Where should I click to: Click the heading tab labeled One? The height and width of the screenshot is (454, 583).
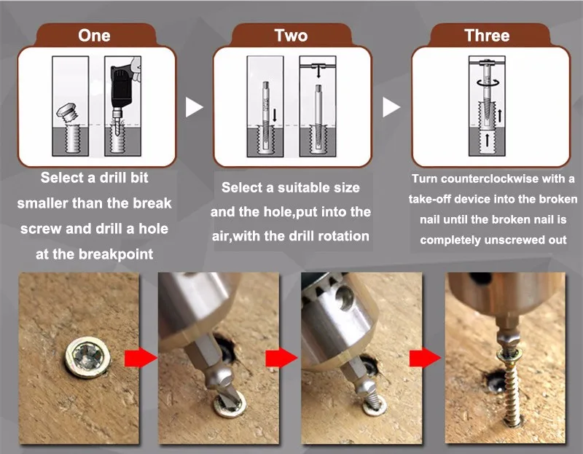95,35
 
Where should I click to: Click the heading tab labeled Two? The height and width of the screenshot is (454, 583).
291,35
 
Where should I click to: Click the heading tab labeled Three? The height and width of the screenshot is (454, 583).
487,35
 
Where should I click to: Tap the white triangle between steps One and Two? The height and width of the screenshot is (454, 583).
194,107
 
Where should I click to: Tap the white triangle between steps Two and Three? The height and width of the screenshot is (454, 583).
391,107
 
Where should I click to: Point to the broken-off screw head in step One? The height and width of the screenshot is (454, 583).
67,111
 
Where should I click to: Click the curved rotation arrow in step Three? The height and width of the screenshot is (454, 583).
487,82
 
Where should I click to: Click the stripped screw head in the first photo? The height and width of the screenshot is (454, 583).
87,357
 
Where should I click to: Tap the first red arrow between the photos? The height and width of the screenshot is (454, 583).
141,358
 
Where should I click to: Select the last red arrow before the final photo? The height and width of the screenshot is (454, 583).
425,358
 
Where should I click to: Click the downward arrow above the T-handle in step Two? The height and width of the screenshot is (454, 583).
318,72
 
